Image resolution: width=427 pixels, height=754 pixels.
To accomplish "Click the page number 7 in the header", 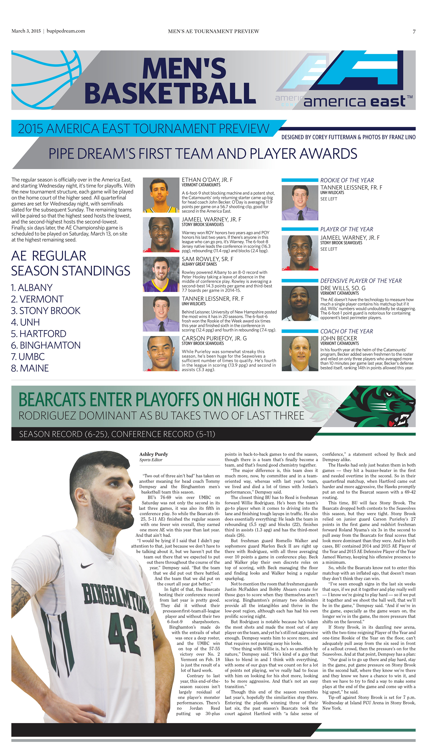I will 414,31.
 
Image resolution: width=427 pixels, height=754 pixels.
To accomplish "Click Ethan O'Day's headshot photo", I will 161,195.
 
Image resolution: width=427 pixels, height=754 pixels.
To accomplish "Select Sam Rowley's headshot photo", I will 161,274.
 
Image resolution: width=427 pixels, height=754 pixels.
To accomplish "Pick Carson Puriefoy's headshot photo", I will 161,353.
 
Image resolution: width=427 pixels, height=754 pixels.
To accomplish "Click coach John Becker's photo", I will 300,353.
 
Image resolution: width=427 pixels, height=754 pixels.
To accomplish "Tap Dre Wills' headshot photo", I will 300,303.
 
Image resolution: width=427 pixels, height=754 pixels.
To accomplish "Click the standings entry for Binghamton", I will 46,345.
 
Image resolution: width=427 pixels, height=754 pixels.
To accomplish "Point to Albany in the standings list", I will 32,288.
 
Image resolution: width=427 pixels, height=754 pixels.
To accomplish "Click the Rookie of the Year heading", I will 347,180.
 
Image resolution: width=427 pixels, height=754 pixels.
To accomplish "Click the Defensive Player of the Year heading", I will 361,281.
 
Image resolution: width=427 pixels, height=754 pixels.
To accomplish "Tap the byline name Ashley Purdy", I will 154,454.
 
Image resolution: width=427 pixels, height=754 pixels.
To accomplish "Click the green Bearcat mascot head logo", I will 381,406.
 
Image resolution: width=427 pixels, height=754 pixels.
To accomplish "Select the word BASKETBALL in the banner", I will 170,93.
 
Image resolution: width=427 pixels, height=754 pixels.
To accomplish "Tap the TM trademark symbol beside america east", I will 410,97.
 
